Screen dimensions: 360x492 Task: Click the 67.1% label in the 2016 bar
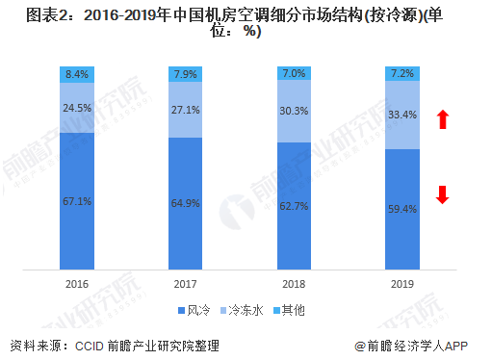coord(78,200)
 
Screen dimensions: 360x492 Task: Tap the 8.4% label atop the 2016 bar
coord(78,73)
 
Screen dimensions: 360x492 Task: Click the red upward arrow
coord(443,119)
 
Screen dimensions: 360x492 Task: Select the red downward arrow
coord(443,194)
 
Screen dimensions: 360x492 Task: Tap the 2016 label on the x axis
coord(78,286)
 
